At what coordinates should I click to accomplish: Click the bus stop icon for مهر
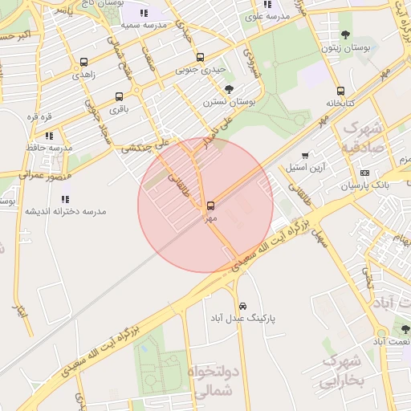pos(210,205)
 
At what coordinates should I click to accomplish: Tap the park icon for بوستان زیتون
pos(346,35)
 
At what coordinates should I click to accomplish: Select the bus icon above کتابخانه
pos(340,91)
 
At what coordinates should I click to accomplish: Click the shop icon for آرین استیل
pos(305,156)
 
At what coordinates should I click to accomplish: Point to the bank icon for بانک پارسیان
pos(364,173)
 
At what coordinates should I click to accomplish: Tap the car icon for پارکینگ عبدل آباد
pos(242,306)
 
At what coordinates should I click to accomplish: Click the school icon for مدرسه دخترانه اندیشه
pos(65,198)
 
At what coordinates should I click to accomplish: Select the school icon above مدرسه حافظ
pos(49,135)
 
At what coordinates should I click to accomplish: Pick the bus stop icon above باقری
pos(119,96)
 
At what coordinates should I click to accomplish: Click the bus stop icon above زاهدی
pos(84,61)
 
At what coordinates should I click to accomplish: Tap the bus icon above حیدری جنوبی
pos(200,57)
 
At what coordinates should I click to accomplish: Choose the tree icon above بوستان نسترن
pos(230,89)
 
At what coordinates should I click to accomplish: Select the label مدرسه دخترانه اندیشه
pos(65,211)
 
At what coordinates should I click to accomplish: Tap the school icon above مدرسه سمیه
pos(144,13)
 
